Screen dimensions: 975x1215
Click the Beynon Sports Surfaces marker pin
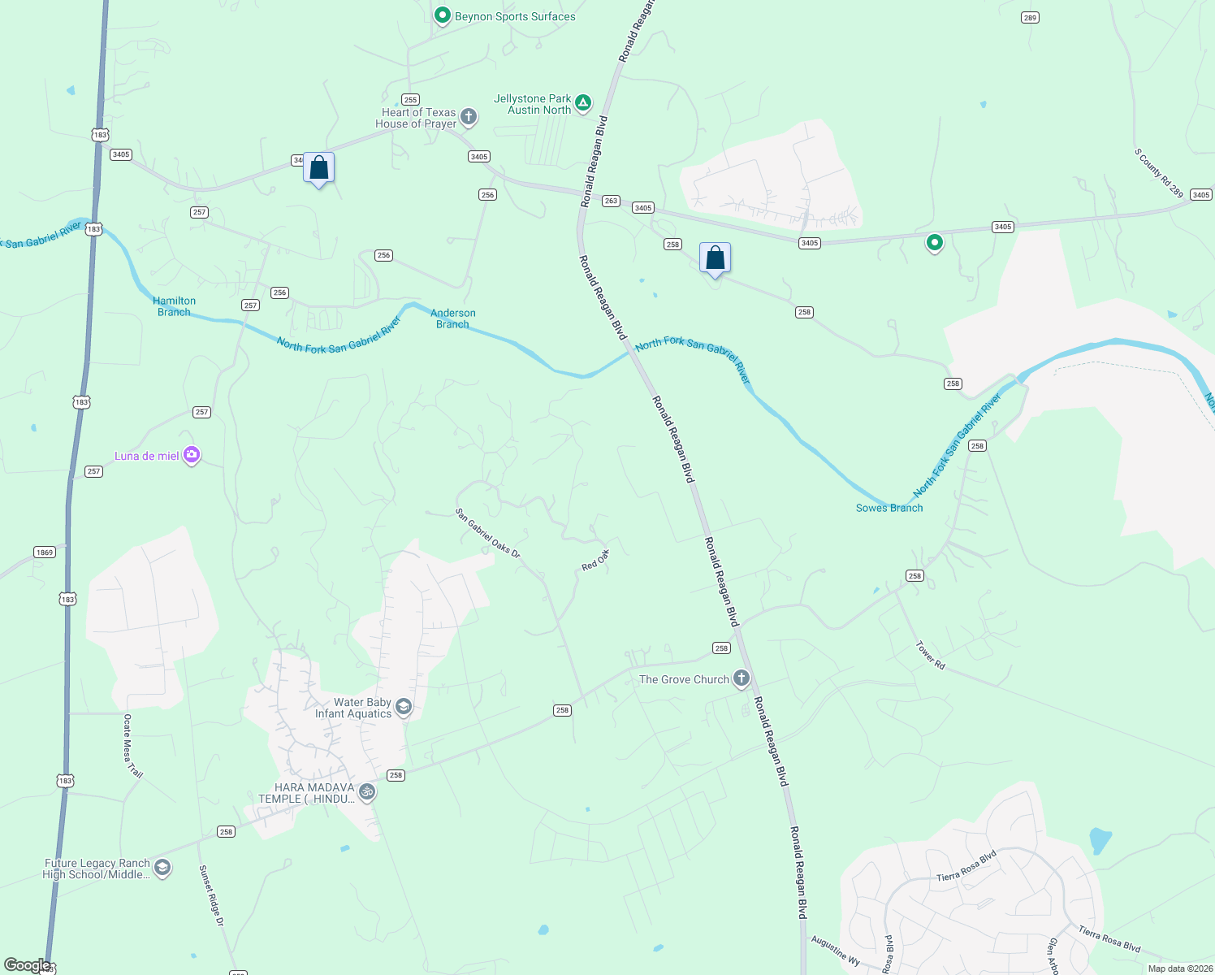443,15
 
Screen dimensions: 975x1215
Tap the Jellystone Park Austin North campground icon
582,103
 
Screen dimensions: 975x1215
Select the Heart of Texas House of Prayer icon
469,117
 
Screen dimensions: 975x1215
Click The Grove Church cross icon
741,678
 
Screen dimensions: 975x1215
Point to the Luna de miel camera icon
192,455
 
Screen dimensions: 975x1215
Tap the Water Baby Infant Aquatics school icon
404,708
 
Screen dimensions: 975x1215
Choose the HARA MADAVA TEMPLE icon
367,791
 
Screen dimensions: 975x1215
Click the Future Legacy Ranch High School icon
162,868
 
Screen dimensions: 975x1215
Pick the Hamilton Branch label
175,306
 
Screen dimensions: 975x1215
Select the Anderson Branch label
453,318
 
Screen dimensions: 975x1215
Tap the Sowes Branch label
889,508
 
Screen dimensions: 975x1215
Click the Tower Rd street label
931,655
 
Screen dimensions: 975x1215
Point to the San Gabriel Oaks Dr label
487,533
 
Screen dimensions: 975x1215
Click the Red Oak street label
595,560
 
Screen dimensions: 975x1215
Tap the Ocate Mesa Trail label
132,746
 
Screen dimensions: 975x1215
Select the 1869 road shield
45,552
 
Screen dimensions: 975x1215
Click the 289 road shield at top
1030,17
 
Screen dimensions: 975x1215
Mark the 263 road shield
611,201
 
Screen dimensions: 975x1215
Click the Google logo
28,965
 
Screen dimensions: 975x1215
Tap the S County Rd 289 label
1159,173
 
